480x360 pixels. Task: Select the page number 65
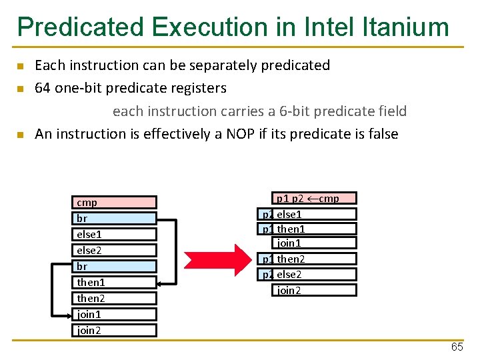coord(457,347)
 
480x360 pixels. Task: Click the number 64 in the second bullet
coord(43,88)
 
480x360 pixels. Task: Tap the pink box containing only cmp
coord(114,202)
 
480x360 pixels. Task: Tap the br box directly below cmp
coord(114,218)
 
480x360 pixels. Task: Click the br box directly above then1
coord(114,266)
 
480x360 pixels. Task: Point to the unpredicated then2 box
coord(114,298)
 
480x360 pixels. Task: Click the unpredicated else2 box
coord(114,250)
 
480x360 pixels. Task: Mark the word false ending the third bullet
coord(381,134)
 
